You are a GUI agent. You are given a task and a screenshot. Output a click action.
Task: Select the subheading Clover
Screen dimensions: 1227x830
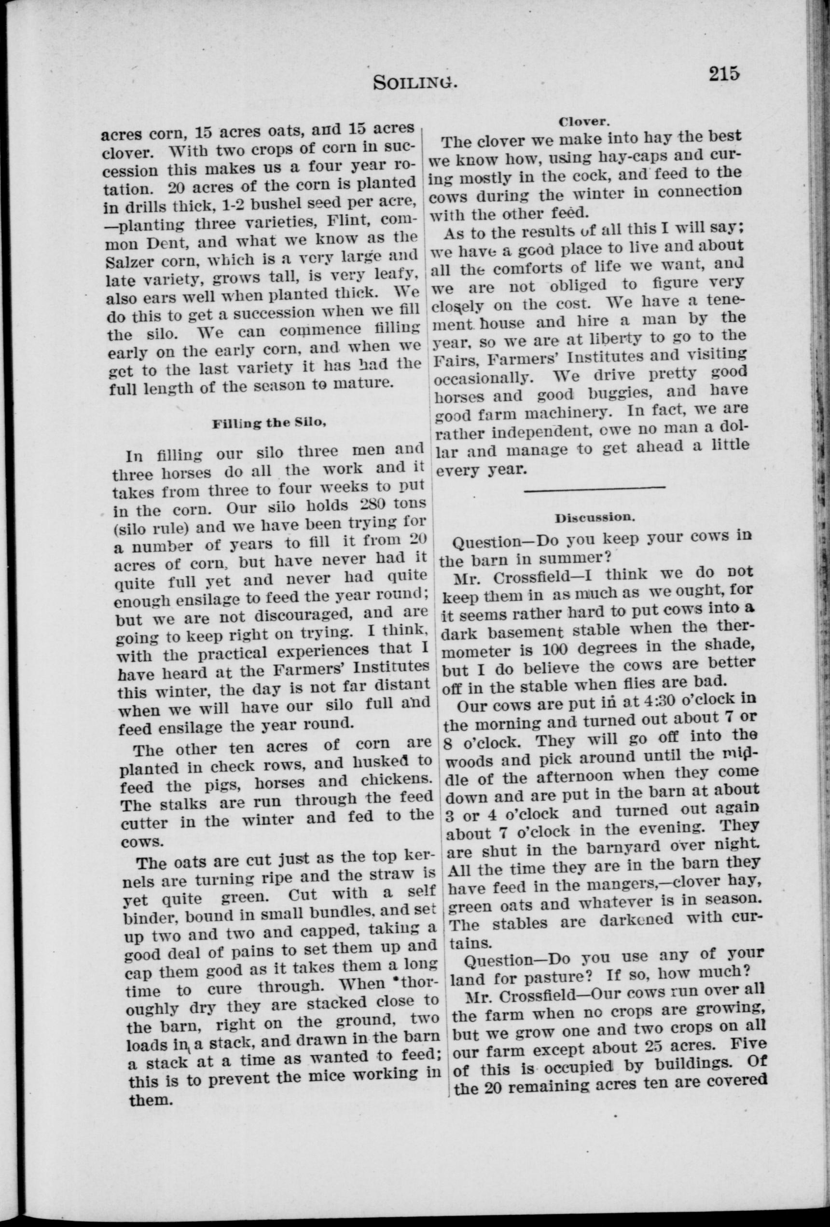[584, 122]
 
